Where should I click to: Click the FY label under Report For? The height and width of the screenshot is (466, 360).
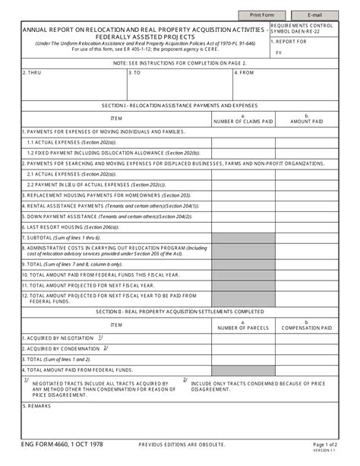pyautogui.click(x=279, y=53)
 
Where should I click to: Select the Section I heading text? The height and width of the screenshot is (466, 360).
pyautogui.click(x=179, y=105)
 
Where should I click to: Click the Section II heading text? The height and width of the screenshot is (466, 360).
pyautogui.click(x=179, y=312)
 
